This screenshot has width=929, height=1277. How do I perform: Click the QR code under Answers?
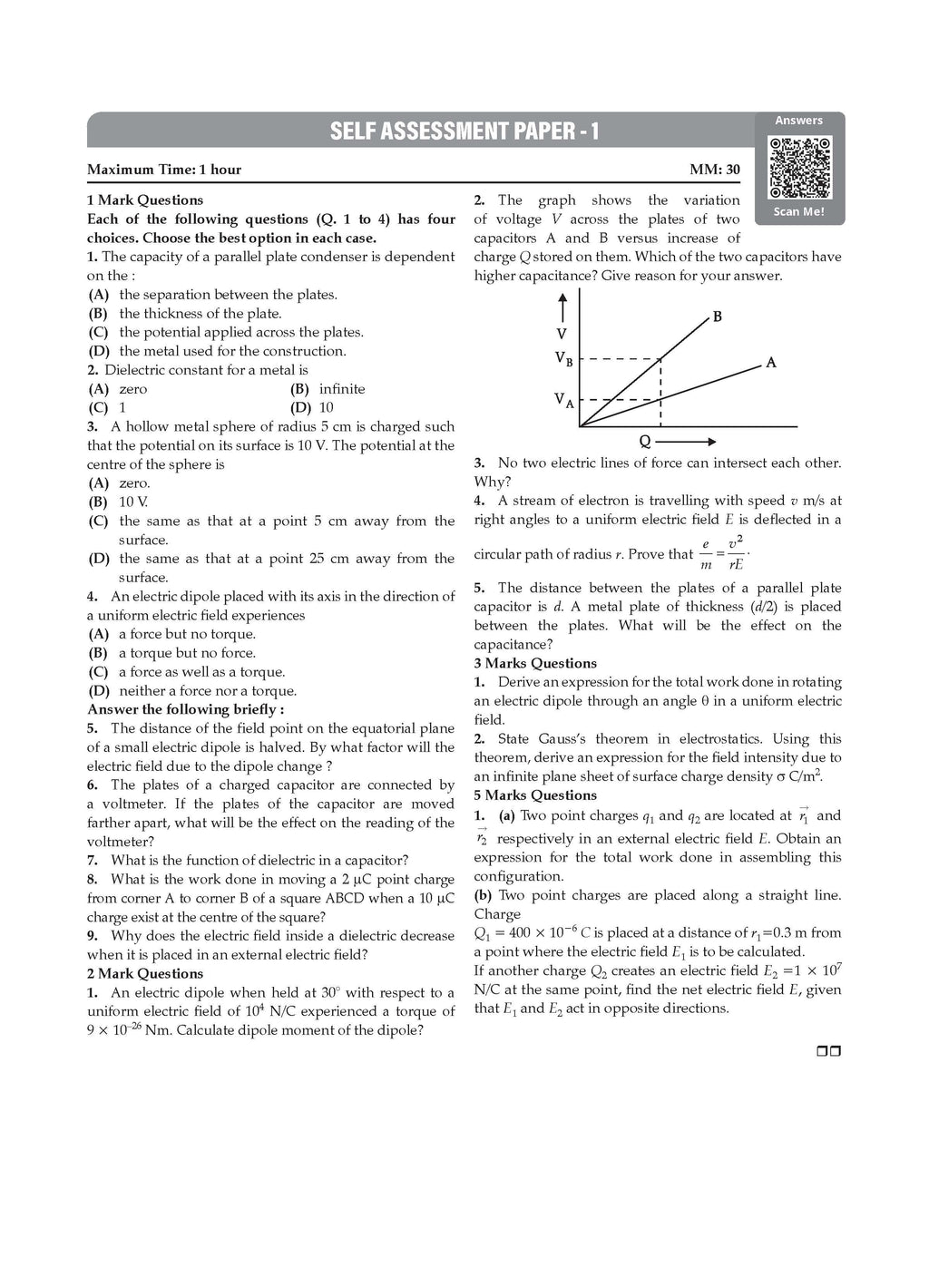[x=799, y=168]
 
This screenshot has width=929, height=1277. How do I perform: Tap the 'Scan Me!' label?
[x=799, y=212]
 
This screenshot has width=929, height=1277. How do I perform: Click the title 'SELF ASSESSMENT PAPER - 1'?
[x=464, y=132]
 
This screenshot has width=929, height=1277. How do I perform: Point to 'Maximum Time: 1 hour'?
[x=164, y=170]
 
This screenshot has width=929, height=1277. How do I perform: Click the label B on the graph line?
[x=718, y=317]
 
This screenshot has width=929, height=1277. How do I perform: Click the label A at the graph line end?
[x=771, y=363]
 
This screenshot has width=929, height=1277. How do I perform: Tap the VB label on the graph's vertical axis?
[x=563, y=359]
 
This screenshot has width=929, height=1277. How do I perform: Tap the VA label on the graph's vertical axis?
[x=563, y=399]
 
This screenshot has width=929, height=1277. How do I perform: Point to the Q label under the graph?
[x=645, y=442]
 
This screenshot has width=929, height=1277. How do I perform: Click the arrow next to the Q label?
[x=686, y=442]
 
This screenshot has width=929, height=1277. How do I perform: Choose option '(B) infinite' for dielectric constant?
[x=328, y=389]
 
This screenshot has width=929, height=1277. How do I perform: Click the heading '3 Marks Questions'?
[x=535, y=664]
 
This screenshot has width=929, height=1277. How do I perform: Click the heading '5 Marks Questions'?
[x=535, y=795]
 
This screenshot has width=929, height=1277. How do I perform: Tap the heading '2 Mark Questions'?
[x=145, y=974]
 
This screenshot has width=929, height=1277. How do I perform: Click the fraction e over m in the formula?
[x=706, y=554]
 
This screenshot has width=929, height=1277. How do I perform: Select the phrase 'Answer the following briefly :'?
[x=185, y=709]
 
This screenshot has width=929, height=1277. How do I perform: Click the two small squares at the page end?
[x=829, y=1052]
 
